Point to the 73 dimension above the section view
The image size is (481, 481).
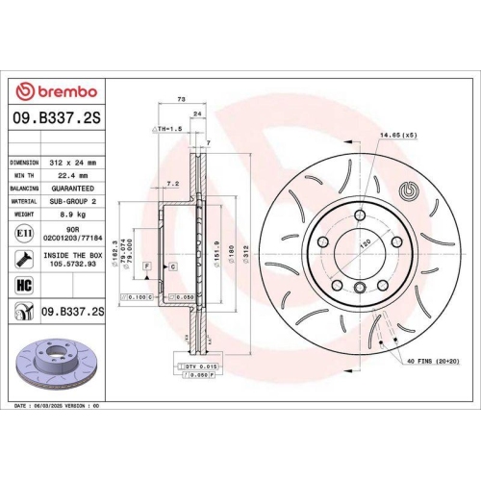tap(181, 99)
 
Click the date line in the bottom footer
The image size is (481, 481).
tap(58, 407)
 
